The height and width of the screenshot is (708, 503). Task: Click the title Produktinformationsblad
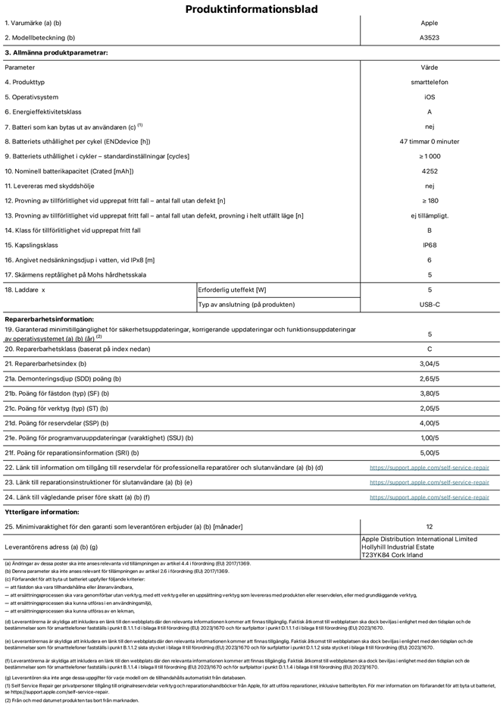[251, 9]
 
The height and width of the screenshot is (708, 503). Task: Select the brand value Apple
[430, 23]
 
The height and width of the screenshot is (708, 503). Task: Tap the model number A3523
[430, 37]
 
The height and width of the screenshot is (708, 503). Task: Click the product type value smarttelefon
[430, 82]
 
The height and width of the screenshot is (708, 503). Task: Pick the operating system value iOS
[430, 97]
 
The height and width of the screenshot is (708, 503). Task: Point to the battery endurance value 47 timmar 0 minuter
[430, 142]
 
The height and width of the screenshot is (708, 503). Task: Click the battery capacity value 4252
[430, 171]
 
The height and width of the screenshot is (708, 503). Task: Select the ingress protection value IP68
[430, 246]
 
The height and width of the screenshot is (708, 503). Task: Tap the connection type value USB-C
[430, 305]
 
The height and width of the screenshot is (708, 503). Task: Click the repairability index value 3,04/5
[430, 365]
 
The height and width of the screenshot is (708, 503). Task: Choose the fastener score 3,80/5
[430, 394]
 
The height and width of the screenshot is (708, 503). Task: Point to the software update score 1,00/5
[430, 438]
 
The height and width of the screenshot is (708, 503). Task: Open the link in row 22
[430, 468]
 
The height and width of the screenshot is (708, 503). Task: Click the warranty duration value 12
[430, 526]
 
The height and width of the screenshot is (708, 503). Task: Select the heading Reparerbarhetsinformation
[50, 320]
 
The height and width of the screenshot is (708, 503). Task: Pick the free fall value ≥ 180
[430, 201]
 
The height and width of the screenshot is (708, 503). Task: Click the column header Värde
[430, 67]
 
